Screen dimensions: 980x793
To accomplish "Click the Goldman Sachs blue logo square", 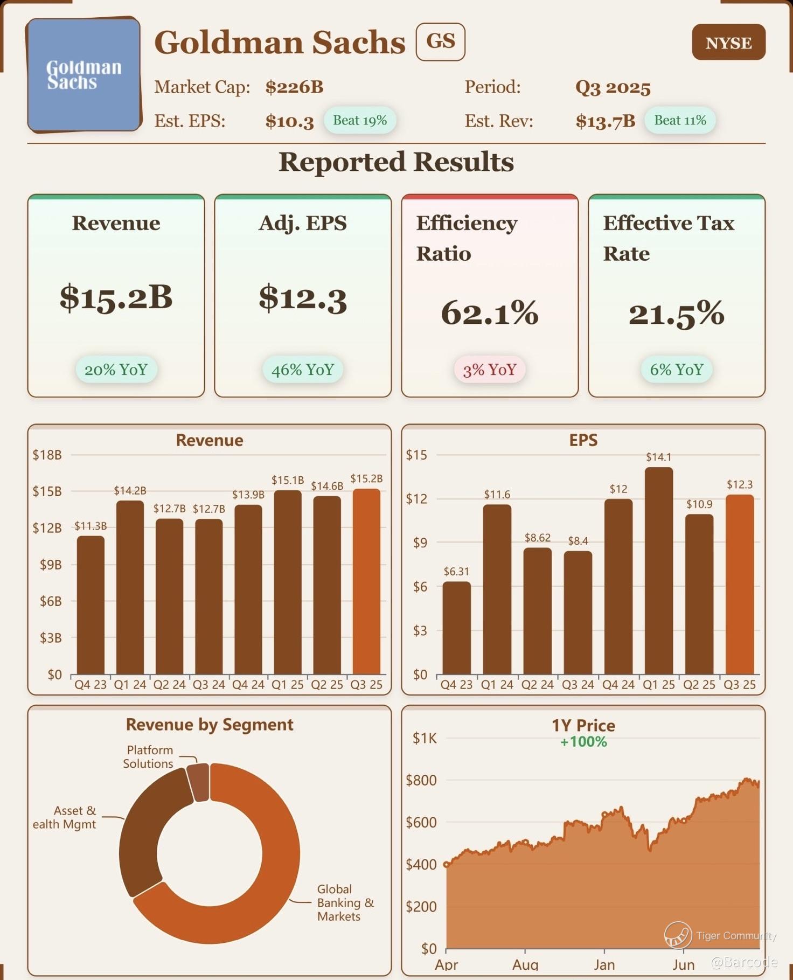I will click(84, 75).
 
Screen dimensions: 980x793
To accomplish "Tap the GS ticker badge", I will click(440, 41).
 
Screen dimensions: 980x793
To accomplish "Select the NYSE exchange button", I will click(728, 43).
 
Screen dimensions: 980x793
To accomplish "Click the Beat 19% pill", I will click(359, 120).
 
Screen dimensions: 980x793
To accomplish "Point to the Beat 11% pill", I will click(679, 120).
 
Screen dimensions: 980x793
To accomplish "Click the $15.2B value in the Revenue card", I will click(116, 297).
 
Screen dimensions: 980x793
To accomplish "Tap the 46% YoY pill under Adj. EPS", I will click(302, 370).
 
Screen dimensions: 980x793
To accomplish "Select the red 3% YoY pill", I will click(489, 370).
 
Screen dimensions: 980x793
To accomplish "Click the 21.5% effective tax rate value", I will click(676, 314).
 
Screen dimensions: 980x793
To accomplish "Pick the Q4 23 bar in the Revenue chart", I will click(91, 604).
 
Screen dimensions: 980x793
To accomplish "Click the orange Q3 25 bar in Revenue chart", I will click(366, 582).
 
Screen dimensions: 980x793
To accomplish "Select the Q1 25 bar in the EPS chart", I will click(658, 571).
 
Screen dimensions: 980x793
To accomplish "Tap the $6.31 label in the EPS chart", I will click(456, 572).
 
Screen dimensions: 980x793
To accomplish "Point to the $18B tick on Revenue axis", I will click(47, 455).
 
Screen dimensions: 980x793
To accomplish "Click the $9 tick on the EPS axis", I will click(420, 543).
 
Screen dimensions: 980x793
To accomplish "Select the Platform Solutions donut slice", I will click(198, 783).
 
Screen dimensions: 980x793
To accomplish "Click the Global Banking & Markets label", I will click(345, 903).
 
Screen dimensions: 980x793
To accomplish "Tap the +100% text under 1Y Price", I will click(583, 742).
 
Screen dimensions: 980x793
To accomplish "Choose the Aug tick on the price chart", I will click(525, 964).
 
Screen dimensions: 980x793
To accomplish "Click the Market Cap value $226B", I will click(294, 87).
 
